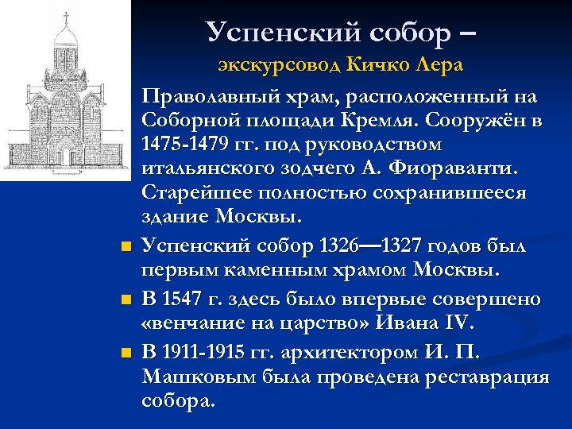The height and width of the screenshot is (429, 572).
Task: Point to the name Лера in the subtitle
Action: [x=439, y=65]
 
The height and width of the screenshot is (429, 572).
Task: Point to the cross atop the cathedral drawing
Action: [x=65, y=15]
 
